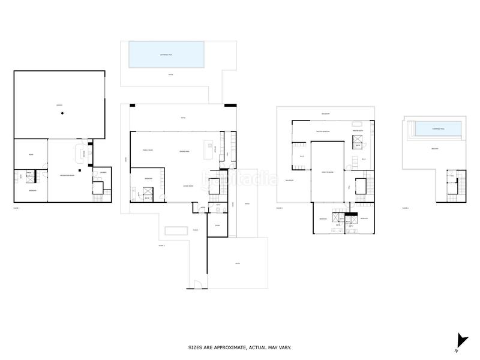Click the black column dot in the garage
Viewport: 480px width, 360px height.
pyautogui.click(x=62, y=114)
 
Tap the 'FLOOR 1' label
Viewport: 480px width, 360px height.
pyautogui.click(x=16, y=208)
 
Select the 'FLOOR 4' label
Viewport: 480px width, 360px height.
pyautogui.click(x=406, y=208)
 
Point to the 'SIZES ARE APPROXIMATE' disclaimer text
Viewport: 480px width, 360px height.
pyautogui.click(x=240, y=347)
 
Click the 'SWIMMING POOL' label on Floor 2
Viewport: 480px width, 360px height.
pyautogui.click(x=167, y=54)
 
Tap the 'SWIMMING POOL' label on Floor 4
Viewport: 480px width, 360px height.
pyautogui.click(x=439, y=128)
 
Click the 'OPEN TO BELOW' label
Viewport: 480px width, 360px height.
pyautogui.click(x=326, y=172)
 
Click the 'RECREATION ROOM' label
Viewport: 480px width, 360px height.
pyautogui.click(x=67, y=175)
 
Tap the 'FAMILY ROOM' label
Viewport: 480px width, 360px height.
pyautogui.click(x=148, y=150)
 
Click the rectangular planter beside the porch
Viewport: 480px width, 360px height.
pyautogui.click(x=175, y=231)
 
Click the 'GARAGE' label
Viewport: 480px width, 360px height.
pyautogui.click(x=59, y=105)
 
